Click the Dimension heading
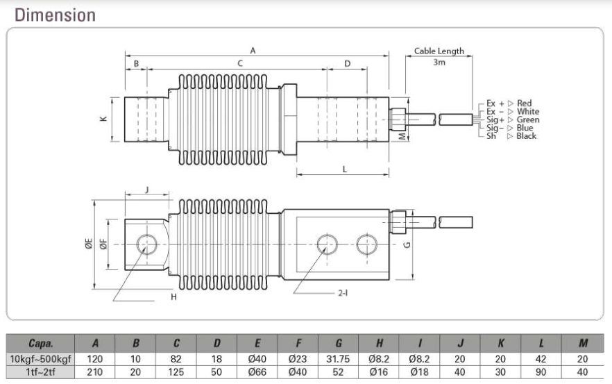coord(55,15)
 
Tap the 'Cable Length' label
coord(439,51)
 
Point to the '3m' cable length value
coord(439,62)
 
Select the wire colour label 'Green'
coord(527,119)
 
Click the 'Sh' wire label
coord(491,136)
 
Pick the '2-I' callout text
coord(343,293)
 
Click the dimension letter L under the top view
coord(345,169)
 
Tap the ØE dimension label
coord(89,244)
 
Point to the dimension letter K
coord(103,119)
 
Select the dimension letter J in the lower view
coord(147,190)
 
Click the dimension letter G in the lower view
coord(407,244)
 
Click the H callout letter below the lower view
coord(173,297)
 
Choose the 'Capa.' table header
coord(40,343)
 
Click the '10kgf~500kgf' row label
coord(40,359)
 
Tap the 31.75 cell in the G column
coord(338,359)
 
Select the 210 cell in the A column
coord(95,372)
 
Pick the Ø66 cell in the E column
coord(257,372)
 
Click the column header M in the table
coord(583,343)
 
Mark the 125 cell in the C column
coord(176,372)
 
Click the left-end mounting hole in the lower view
coord(147,244)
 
